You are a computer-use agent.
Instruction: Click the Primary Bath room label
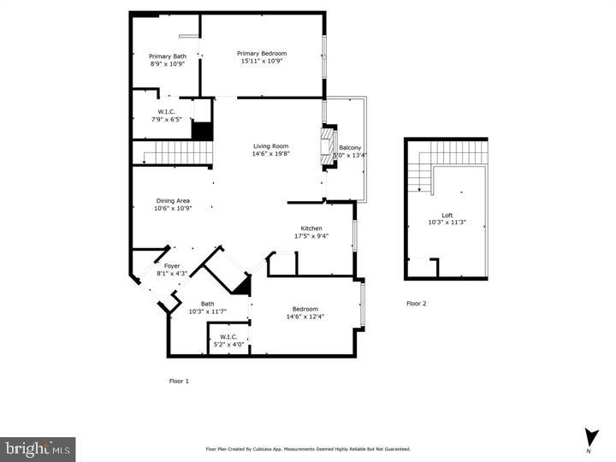[167, 56]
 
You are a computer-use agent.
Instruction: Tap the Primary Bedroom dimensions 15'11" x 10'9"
[261, 62]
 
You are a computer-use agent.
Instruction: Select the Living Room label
[269, 146]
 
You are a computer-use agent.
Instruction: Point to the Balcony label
[350, 148]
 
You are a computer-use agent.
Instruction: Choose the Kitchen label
[311, 228]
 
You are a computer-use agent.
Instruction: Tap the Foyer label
[172, 266]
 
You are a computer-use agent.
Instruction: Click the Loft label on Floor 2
[447, 216]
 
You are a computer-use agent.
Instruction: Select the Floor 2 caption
[416, 304]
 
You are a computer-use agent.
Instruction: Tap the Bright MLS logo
[38, 448]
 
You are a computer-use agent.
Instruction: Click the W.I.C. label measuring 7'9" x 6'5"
[167, 112]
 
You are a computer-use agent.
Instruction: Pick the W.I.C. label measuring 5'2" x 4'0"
[228, 337]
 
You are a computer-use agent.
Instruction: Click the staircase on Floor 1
[175, 153]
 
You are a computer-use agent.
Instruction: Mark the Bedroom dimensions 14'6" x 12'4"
[305, 317]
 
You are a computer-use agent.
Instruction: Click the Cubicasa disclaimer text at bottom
[308, 448]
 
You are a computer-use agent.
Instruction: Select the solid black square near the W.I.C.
[202, 131]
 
